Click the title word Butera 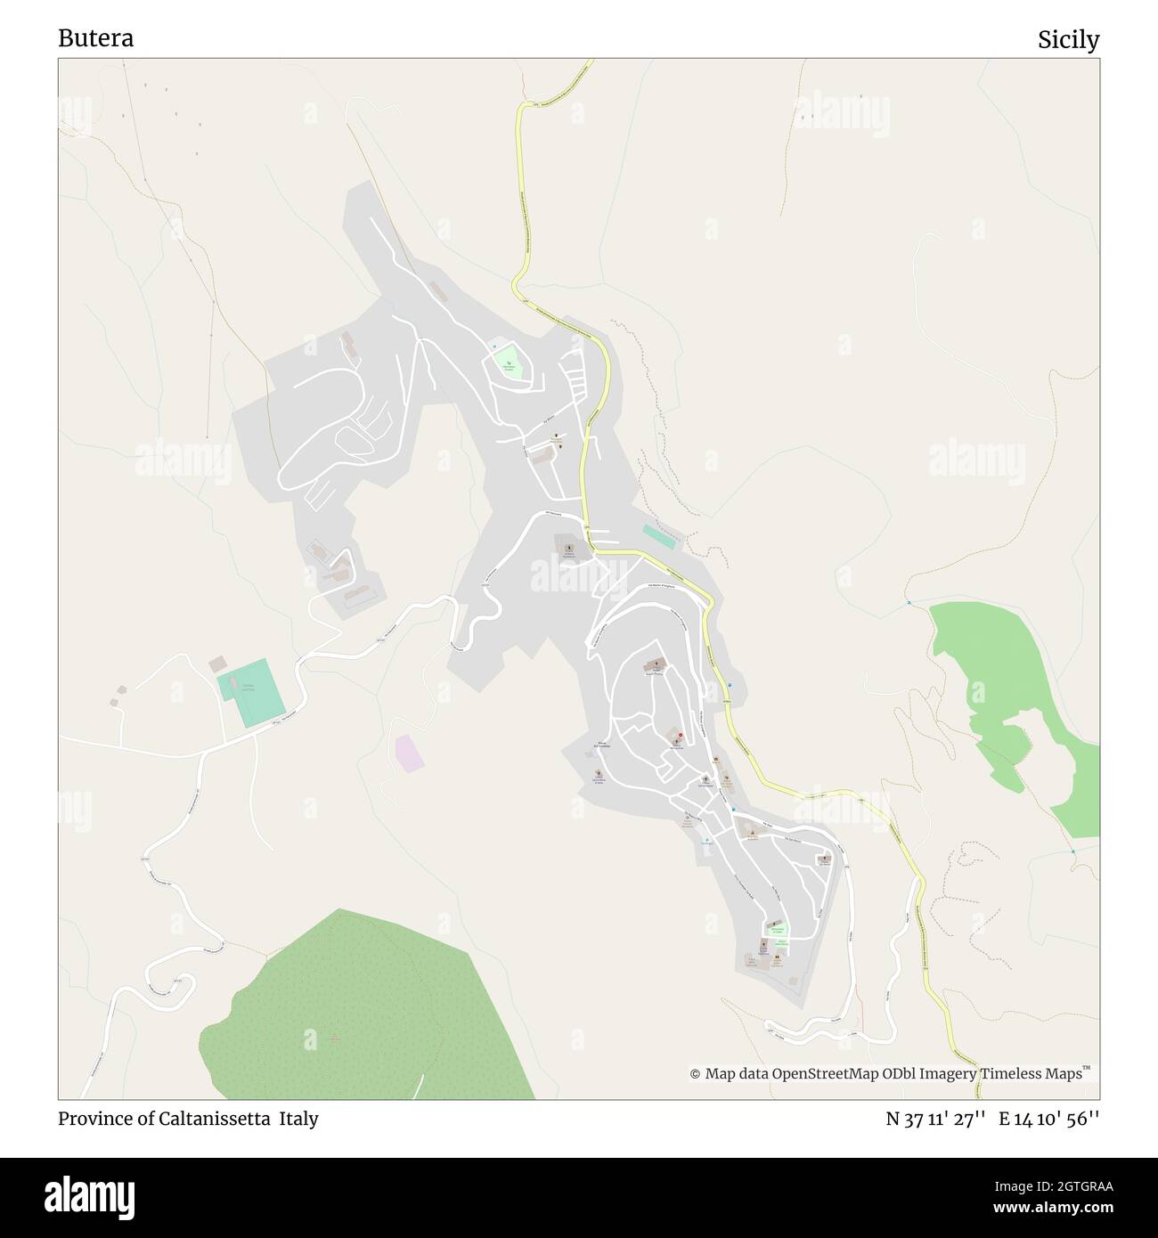[96, 38]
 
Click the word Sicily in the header [1068, 40]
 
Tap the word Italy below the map [298, 1119]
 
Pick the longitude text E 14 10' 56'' [1049, 1120]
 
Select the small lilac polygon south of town [409, 752]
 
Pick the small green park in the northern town [509, 362]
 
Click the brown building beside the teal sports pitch [217, 664]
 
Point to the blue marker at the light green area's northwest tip [909, 604]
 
